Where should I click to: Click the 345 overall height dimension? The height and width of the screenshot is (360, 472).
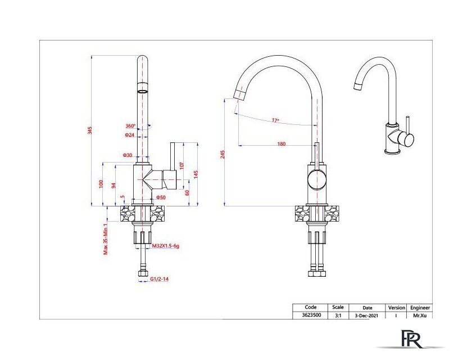pos(90,130)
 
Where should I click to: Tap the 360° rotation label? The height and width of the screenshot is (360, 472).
pos(130,126)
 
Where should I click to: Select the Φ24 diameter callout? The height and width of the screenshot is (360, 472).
pos(130,135)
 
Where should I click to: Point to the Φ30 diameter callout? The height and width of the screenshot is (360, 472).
pos(128,155)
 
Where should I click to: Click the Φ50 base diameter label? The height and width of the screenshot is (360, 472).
pos(161,197)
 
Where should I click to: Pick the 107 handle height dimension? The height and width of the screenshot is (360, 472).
pos(181,165)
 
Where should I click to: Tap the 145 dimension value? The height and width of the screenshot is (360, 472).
pos(196,174)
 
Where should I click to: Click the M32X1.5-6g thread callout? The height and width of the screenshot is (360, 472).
pos(166,246)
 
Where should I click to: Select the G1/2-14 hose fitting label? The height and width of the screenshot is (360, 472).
pos(159,279)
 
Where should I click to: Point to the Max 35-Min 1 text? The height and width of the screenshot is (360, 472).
pos(106,239)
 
